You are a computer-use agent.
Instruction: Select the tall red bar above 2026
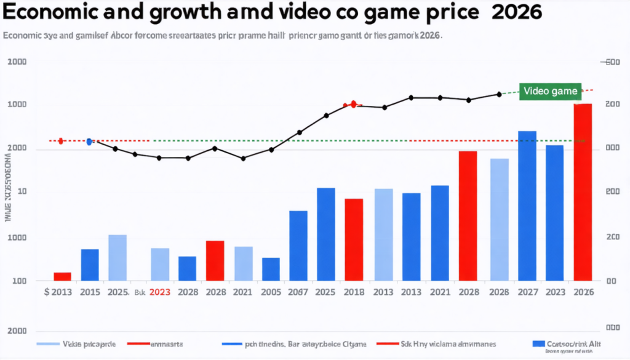pos(583,192)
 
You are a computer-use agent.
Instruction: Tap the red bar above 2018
pos(354,239)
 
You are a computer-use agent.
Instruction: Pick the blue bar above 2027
pos(527,206)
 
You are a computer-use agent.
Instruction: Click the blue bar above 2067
pos(298,246)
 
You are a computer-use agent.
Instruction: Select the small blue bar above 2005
pos(271,269)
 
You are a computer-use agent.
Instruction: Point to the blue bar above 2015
pos(90,265)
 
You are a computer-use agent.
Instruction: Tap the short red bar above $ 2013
pos(63,276)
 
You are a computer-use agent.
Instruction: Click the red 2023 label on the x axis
pos(160,293)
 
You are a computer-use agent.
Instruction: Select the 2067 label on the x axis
pos(298,293)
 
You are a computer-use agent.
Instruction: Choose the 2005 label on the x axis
pos(271,293)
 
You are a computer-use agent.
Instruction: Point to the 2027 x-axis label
pos(527,293)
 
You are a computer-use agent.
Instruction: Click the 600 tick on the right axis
pos(611,62)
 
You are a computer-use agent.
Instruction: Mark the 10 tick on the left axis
pos(22,192)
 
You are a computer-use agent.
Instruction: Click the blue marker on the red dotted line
pos(89,142)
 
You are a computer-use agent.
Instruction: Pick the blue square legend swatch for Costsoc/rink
pos(538,343)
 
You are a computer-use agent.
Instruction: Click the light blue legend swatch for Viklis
pos(49,343)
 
